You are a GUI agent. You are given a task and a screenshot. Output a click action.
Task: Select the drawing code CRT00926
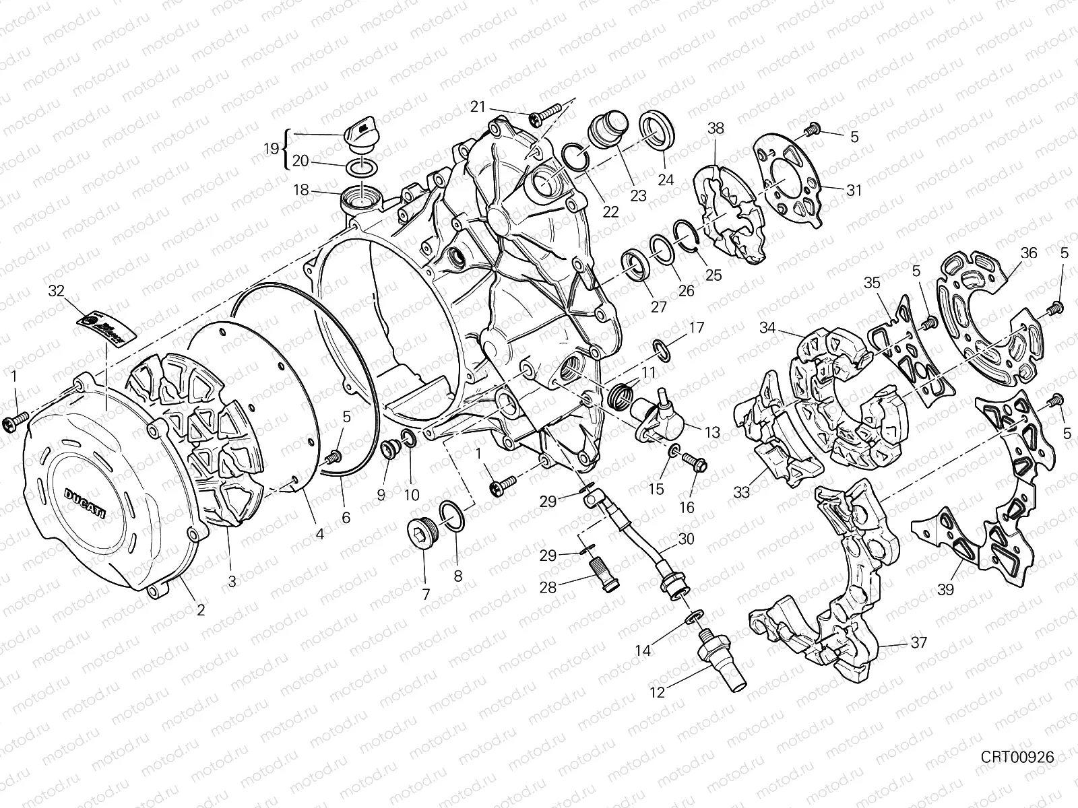coord(1017,757)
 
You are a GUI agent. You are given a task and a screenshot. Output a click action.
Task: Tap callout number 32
coord(57,292)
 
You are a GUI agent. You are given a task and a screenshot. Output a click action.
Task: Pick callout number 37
coord(918,643)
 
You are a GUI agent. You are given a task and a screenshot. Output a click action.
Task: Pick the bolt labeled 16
coord(695,463)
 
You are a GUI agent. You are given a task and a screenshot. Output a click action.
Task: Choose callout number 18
coord(300,191)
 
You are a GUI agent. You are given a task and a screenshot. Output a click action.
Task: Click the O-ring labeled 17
coord(661,350)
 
